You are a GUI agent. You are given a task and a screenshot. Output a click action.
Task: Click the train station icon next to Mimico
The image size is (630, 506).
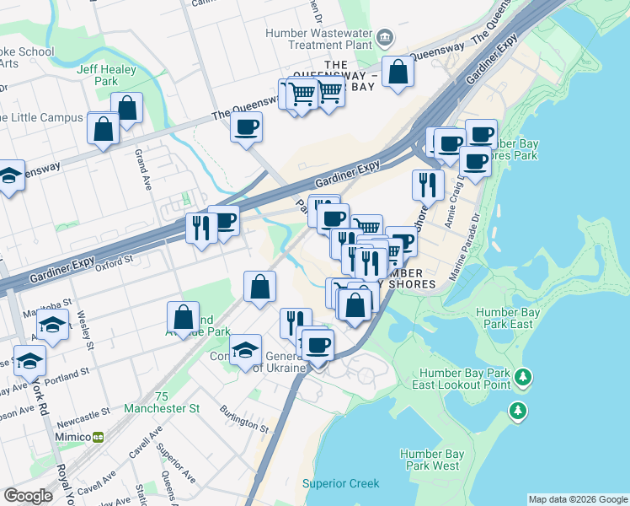click(99, 437)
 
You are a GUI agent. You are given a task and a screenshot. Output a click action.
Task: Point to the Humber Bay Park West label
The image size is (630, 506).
click(431, 459)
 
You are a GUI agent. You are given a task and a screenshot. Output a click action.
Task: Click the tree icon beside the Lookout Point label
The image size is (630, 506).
click(524, 376)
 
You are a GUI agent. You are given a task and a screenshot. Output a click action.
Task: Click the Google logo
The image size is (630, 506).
click(29, 496)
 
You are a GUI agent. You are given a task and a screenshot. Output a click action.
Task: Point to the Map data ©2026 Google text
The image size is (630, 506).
click(578, 499)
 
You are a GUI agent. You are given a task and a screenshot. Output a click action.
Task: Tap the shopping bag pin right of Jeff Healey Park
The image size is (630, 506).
click(127, 108)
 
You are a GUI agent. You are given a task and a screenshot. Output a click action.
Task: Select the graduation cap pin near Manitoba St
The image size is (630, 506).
click(53, 326)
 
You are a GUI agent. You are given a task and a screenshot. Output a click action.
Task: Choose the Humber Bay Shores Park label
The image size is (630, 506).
click(516, 149)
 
